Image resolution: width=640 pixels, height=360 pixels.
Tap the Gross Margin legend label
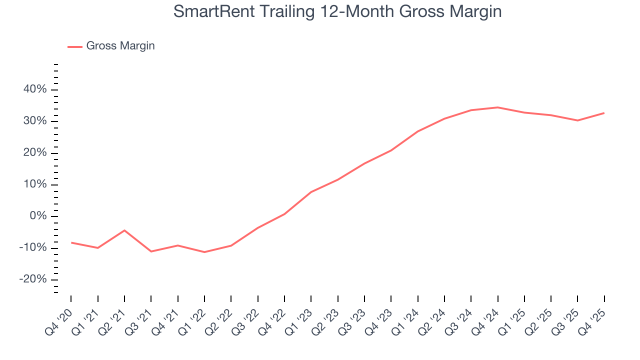click(x=120, y=46)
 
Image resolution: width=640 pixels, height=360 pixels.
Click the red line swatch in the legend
click(x=75, y=46)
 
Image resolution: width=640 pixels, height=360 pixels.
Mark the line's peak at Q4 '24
click(x=497, y=107)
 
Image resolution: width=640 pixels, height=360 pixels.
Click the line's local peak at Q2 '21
click(x=124, y=230)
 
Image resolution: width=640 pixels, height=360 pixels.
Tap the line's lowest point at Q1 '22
click(x=204, y=252)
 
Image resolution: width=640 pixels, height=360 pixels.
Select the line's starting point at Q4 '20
click(x=71, y=242)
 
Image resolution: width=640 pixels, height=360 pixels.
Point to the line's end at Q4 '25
click(x=604, y=113)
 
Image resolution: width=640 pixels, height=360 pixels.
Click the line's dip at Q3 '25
click(x=577, y=120)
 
